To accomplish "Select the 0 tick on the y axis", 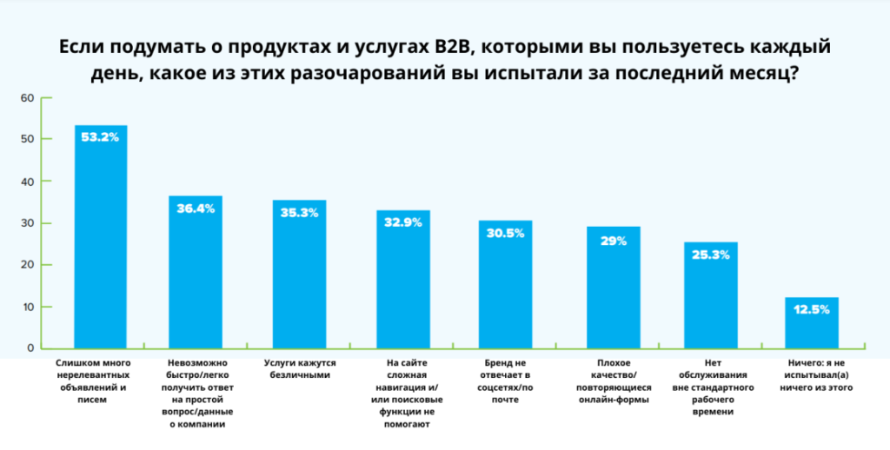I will coord(29,348).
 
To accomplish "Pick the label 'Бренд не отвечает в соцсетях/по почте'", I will coord(505,381).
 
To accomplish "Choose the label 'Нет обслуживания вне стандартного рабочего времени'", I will coord(710,387).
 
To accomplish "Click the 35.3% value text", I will coord(300,212).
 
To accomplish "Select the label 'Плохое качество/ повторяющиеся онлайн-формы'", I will coord(614,381).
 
